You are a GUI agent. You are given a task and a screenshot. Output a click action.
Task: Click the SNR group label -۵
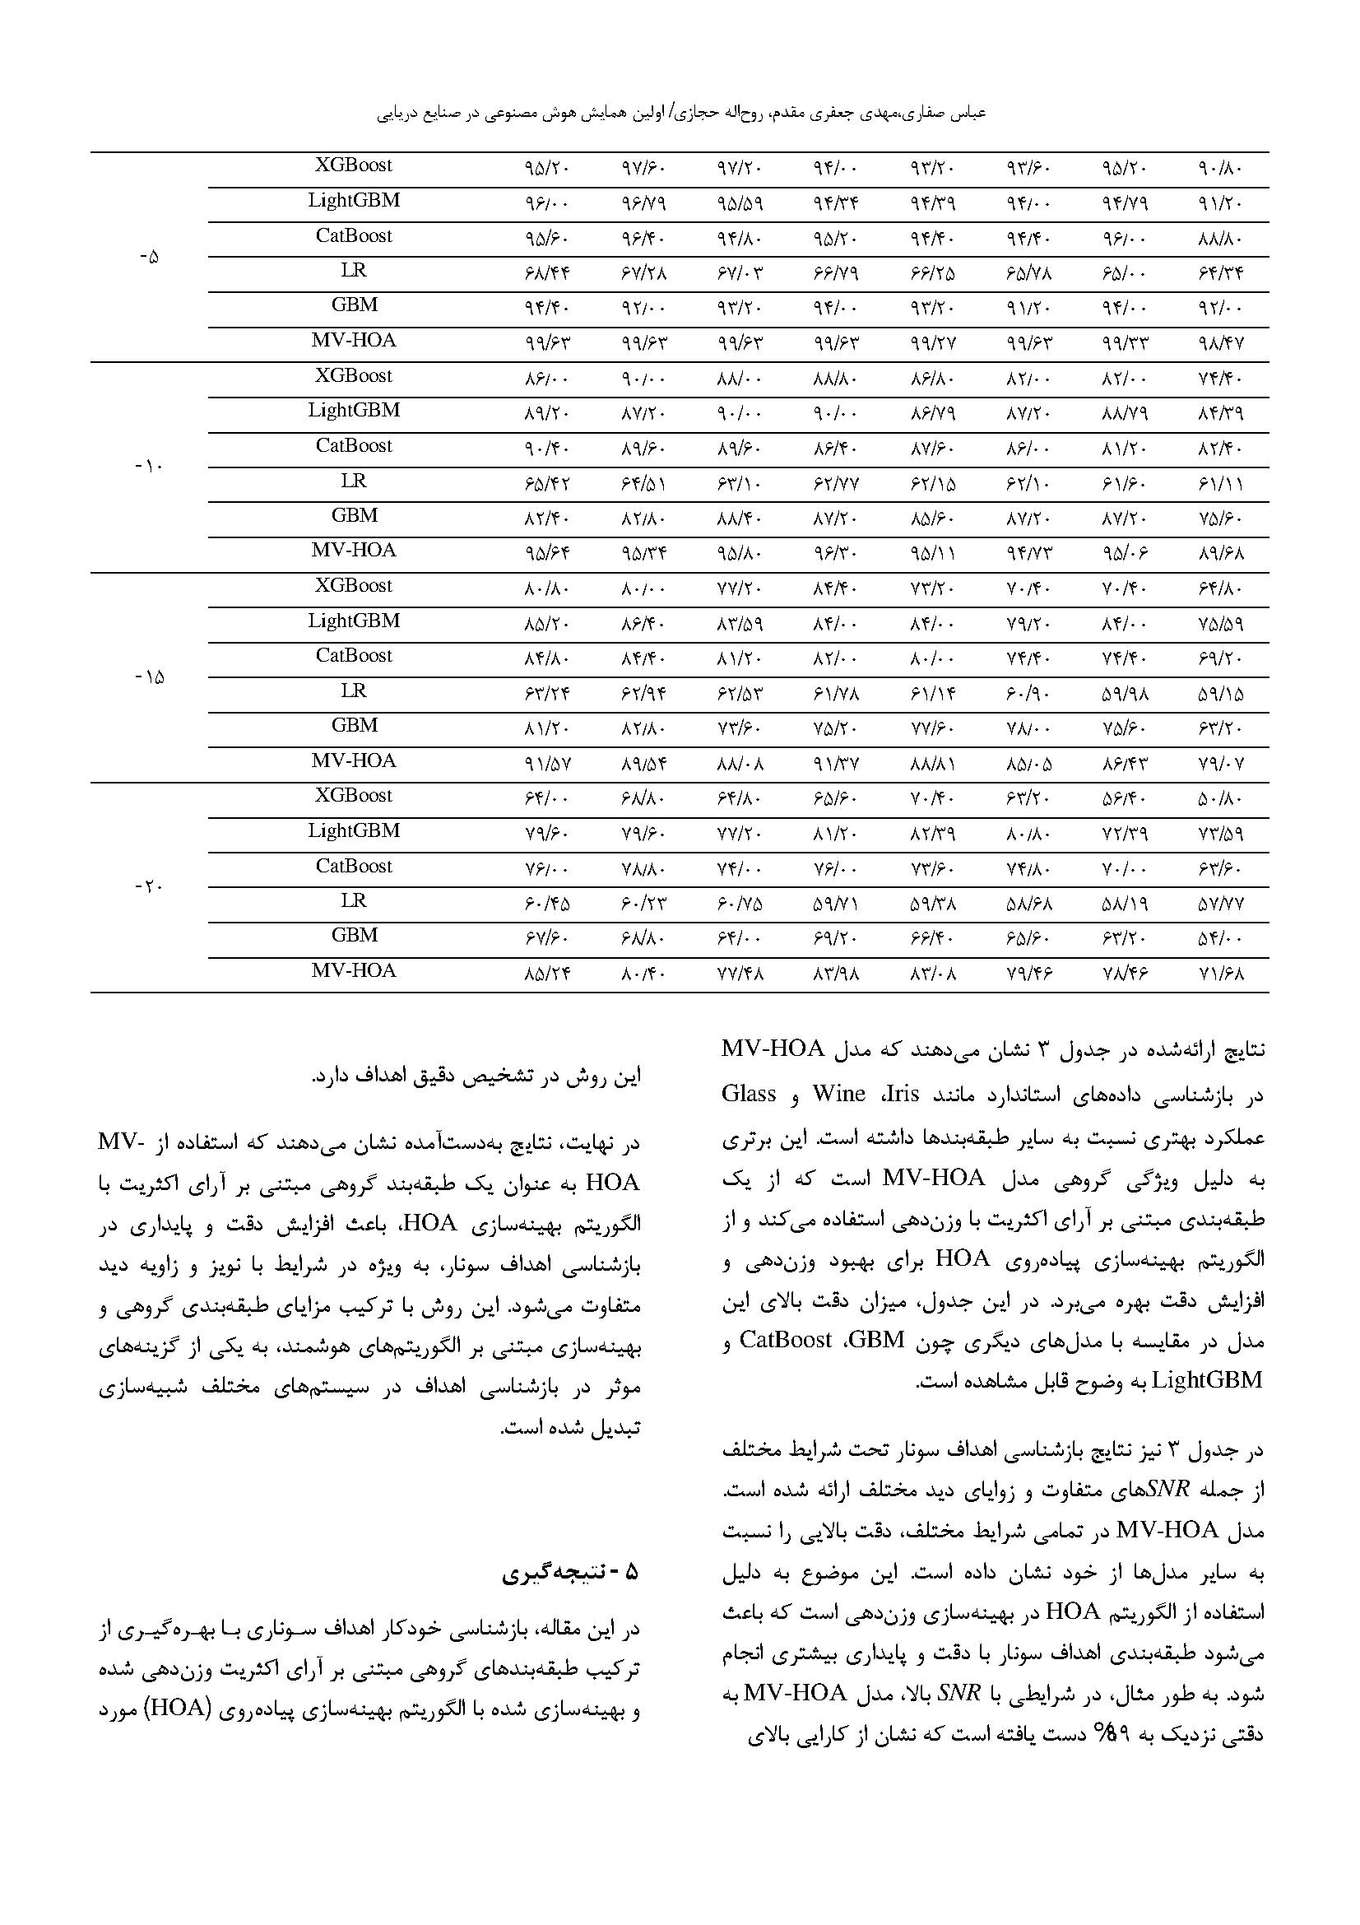pos(148,258)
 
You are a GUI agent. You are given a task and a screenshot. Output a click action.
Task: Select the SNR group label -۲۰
pos(148,886)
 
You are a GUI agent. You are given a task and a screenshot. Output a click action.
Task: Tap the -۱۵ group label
pos(148,677)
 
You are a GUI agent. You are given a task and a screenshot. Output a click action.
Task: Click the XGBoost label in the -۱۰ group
pos(353,375)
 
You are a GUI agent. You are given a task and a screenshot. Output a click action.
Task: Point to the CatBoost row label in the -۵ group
pos(353,235)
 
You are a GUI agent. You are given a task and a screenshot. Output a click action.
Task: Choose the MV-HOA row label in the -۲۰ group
pos(353,971)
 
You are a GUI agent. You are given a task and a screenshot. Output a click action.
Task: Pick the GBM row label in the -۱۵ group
pos(354,725)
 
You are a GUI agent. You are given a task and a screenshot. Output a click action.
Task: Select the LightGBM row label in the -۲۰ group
pos(353,831)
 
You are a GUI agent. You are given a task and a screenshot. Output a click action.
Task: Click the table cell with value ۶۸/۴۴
pos(545,273)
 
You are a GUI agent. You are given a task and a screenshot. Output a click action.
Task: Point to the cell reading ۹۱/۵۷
pos(545,763)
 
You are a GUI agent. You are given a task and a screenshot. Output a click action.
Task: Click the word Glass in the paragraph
pos(749,1094)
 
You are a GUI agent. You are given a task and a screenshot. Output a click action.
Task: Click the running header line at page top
pos(680,111)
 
